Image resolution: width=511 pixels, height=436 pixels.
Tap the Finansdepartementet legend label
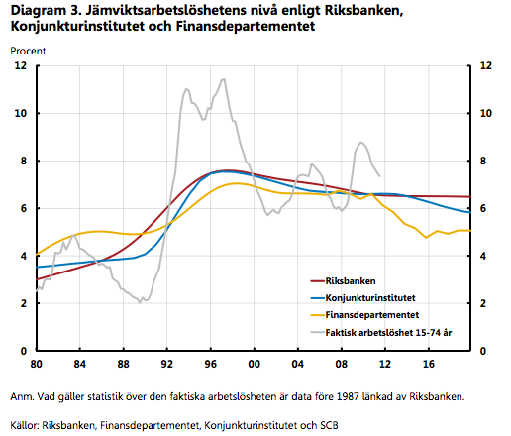[372, 315]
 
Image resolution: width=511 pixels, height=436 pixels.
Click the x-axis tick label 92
[166, 364]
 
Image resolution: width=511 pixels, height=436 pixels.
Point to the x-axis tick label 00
[254, 364]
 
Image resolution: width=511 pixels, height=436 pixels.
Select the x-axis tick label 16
[428, 364]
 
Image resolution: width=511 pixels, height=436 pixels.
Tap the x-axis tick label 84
[79, 364]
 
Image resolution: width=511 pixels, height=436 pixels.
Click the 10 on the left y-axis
[21, 113]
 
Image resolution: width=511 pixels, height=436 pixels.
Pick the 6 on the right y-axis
[483, 208]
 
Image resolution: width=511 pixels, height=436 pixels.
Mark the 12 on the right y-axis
[485, 65]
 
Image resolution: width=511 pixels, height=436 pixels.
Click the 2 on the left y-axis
[24, 303]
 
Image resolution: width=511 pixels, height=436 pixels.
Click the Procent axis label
[28, 51]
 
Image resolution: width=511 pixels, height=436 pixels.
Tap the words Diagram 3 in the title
[46, 11]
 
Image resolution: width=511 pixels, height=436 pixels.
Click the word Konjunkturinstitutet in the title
[77, 26]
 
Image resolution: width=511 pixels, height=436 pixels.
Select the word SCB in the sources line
[329, 425]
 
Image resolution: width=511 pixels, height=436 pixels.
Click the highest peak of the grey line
[223, 79]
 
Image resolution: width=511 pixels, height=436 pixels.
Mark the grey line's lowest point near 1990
[140, 302]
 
